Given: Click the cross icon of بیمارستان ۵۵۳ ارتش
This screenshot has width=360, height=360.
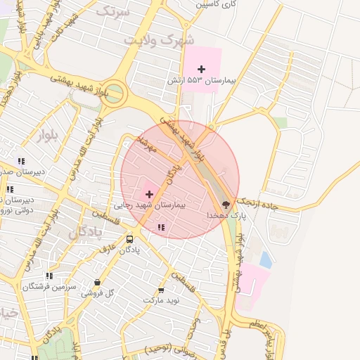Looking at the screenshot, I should [x=202, y=69].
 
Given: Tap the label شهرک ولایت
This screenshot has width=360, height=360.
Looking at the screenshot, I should [x=158, y=40].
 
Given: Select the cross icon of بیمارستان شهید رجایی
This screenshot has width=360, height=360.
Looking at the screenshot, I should [x=149, y=193].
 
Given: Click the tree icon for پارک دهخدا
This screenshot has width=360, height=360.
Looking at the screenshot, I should [x=234, y=200].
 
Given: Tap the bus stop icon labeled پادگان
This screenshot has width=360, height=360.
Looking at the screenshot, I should [x=129, y=239].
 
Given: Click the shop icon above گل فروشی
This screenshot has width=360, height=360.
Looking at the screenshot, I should [x=98, y=283].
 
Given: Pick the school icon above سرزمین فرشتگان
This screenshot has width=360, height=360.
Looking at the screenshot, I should [x=49, y=276].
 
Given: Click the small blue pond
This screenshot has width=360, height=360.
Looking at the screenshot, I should [x=265, y=260].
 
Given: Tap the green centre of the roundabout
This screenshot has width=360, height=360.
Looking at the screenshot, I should [x=115, y=93].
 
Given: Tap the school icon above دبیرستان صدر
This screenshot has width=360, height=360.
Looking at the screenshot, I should [x=21, y=160].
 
